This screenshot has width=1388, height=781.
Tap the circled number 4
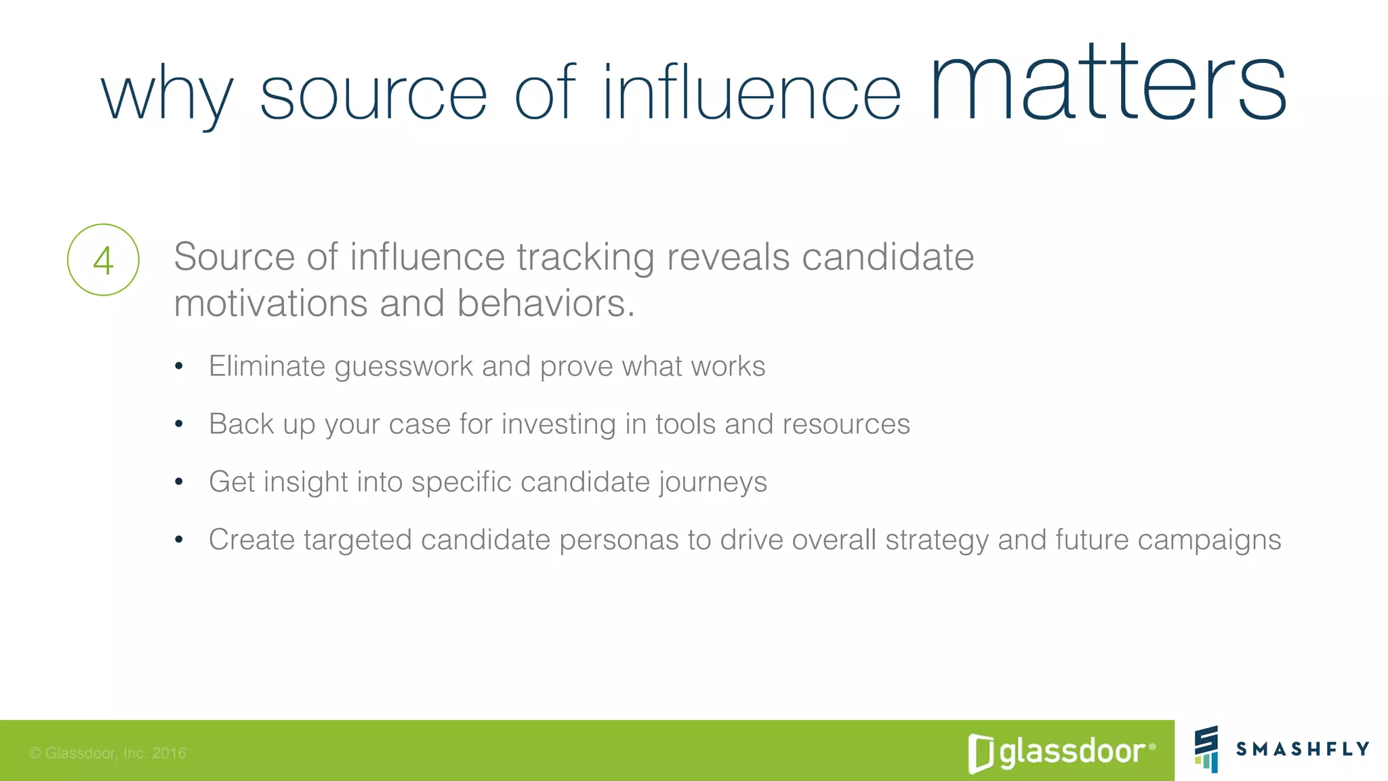click(103, 260)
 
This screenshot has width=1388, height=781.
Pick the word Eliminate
click(267, 366)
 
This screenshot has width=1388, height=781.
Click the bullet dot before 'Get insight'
click(179, 482)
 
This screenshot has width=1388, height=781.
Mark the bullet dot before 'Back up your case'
click(179, 424)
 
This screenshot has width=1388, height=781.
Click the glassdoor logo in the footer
click(1061, 752)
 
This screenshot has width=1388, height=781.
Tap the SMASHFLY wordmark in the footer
click(1302, 749)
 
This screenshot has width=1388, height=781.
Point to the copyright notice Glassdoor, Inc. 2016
click(108, 753)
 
